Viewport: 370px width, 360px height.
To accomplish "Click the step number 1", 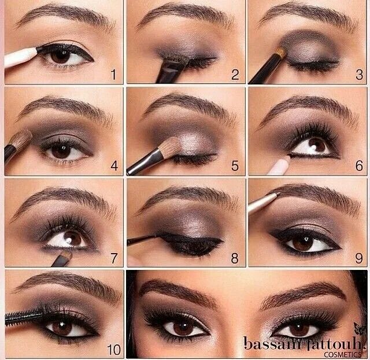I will pos(114,74).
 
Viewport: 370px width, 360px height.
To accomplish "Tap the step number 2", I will pos(235,74).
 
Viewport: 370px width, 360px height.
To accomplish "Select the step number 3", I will pos(358,74).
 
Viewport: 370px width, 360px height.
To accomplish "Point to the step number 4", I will pos(114,166).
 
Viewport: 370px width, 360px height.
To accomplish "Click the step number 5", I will pos(235,166).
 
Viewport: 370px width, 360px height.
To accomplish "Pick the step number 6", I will pos(358,166).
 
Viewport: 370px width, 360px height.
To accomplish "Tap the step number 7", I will pos(114,258).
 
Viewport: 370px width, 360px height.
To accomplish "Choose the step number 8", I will pos(235,258).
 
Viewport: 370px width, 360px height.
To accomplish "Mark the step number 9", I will pos(358,258).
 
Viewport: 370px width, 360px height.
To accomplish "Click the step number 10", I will pos(113,350).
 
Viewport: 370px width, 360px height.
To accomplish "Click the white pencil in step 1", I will pos(20,56).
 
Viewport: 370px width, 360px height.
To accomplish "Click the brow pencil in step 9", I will pos(263,201).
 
